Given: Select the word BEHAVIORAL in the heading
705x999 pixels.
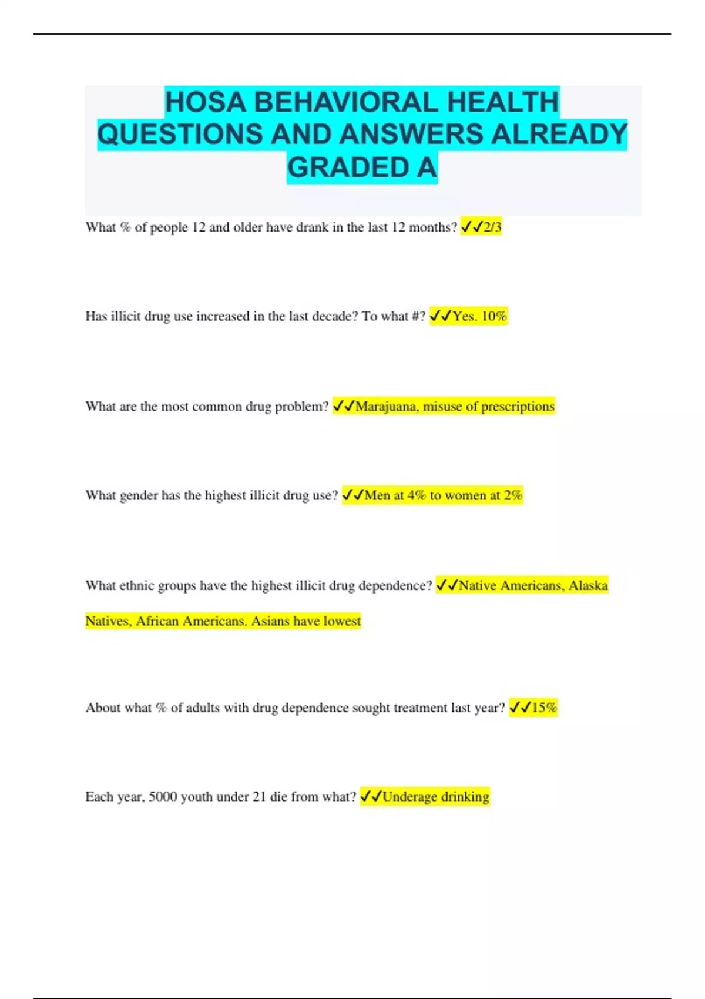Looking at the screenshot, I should click(x=346, y=102).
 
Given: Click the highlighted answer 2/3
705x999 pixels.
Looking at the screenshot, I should click(x=492, y=227).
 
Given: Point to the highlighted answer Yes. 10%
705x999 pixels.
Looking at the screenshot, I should click(x=479, y=316).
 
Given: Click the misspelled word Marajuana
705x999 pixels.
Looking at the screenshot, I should click(x=386, y=406).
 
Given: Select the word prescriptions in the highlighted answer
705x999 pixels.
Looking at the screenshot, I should click(x=517, y=406).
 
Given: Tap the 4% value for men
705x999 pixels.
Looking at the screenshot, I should click(x=417, y=495).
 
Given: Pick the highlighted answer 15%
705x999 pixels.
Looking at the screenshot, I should click(x=544, y=708).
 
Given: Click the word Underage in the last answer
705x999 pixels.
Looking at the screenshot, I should click(x=409, y=797).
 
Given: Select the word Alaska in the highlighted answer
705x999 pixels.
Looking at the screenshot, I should click(x=588, y=585).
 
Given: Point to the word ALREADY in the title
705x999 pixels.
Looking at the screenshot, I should click(x=559, y=135).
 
